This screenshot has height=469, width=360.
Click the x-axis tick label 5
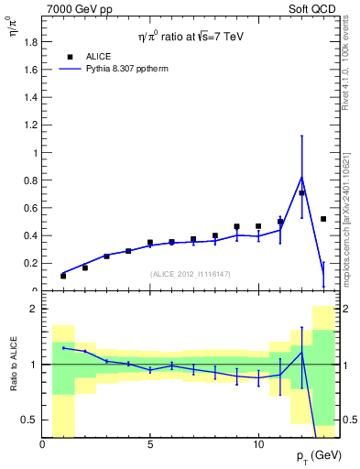point(150,444)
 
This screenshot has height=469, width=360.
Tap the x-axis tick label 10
point(258,444)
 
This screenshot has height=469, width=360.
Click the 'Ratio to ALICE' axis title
point(13,364)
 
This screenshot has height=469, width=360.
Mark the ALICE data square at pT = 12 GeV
point(301,192)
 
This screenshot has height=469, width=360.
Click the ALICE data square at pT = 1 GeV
point(63,276)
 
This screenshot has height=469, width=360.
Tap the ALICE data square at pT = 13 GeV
point(323,219)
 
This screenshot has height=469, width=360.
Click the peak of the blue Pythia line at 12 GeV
point(301,177)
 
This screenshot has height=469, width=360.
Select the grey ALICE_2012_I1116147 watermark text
point(190,274)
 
